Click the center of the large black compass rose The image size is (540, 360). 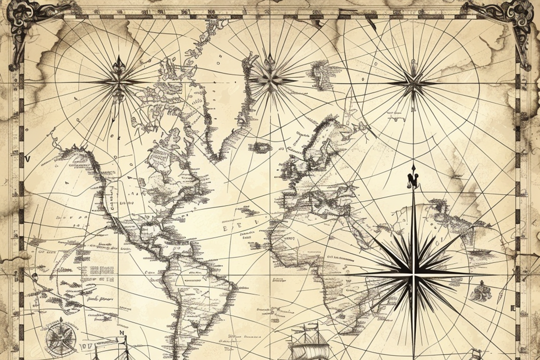pyautogui.click(x=413, y=274)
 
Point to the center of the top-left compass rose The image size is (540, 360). pyautogui.click(x=119, y=82)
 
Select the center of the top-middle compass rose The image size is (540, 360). pyautogui.click(x=270, y=80)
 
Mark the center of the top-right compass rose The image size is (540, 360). pyautogui.click(x=412, y=83)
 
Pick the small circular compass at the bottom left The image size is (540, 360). pyautogui.click(x=61, y=337)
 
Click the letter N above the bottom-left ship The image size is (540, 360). pyautogui.click(x=121, y=333)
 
